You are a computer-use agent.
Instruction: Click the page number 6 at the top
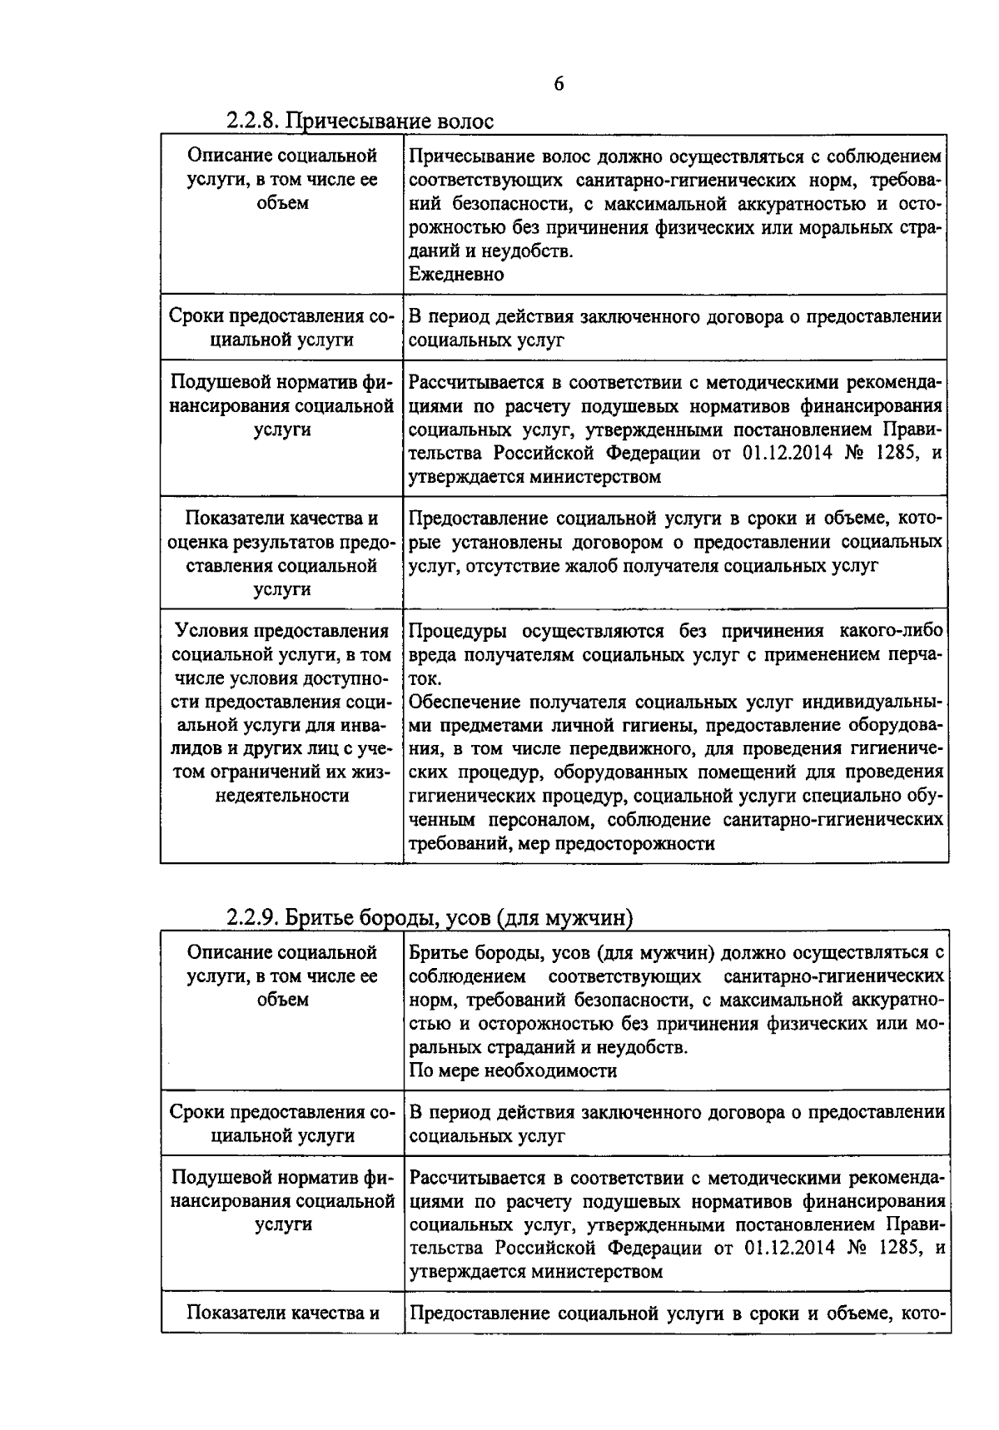[x=558, y=84]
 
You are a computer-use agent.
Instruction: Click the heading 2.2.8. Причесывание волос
[x=360, y=122]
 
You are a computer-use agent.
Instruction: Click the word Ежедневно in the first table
[x=457, y=274]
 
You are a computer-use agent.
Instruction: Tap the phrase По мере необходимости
[x=514, y=1070]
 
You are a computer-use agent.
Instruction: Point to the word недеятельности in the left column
[x=281, y=795]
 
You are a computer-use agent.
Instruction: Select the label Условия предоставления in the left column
[x=281, y=631]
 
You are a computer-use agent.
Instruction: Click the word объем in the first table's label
[x=282, y=203]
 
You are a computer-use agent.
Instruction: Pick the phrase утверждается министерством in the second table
[x=536, y=1272]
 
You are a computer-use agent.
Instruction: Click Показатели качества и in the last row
[x=282, y=1313]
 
